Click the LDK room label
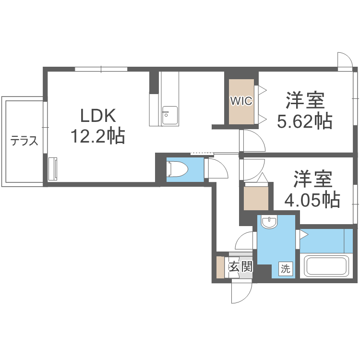point(98,116)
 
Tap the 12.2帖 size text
point(98,136)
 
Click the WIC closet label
point(241,101)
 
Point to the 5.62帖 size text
point(305,122)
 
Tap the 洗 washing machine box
point(286,269)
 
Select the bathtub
point(326,267)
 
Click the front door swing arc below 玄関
point(241,293)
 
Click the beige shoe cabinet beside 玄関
point(220,268)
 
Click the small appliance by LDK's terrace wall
point(53,168)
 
